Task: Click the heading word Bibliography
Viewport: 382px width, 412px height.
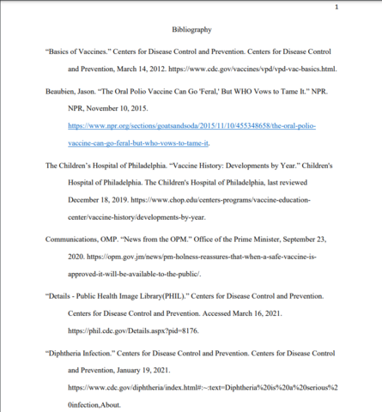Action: [x=191, y=30]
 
